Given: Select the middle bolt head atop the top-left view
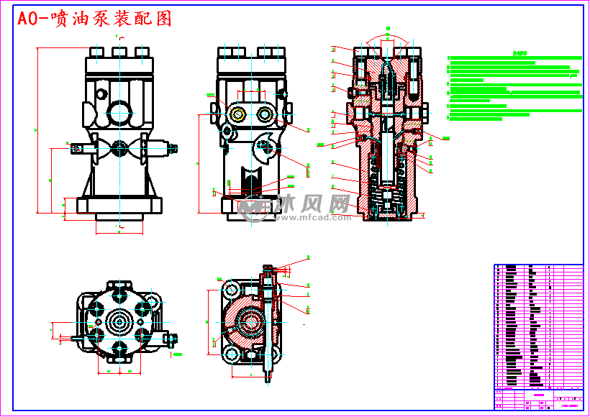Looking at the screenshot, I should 119,51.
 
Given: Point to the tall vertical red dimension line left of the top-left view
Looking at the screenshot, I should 37,129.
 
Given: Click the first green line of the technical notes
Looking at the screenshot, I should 514,58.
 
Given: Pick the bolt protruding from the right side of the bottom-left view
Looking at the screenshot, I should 171,337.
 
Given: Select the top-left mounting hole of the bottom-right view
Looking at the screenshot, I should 231,289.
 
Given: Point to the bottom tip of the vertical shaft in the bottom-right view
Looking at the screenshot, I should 269,380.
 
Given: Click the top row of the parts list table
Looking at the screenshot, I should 537,267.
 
